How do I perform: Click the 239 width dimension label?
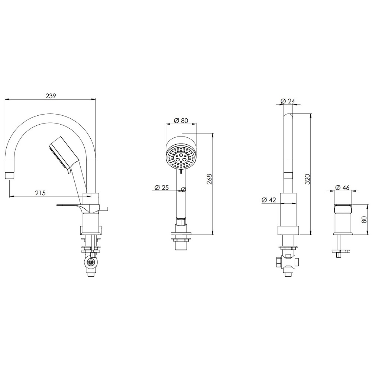[51, 96]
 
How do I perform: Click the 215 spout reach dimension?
[41, 193]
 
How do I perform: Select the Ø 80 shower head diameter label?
[181, 121]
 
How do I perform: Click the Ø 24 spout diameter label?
[288, 101]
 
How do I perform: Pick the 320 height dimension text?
[307, 179]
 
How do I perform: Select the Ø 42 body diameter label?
[269, 200]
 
